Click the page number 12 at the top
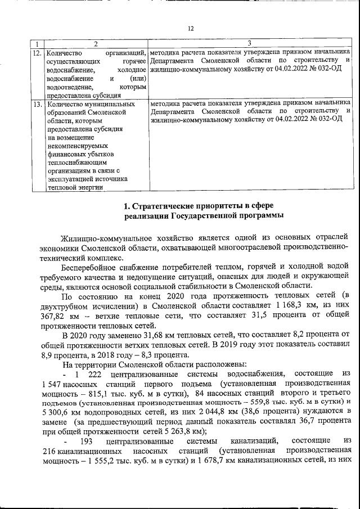(190, 28)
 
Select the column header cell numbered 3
(250, 43)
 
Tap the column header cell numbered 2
(94, 43)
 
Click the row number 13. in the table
(37, 104)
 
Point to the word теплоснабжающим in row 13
(78, 162)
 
